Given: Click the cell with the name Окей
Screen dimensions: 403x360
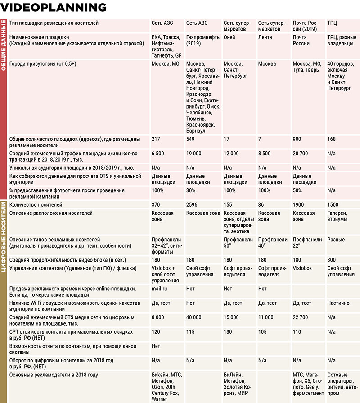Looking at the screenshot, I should [229, 37].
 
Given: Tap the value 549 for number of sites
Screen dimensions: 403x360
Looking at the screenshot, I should [191, 139].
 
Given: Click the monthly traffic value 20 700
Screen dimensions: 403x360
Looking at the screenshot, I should [300, 154].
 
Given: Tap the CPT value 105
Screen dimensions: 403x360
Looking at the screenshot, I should [263, 332].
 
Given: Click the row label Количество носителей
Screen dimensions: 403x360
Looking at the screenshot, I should [36, 205].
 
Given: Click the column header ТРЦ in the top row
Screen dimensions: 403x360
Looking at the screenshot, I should [333, 23].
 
